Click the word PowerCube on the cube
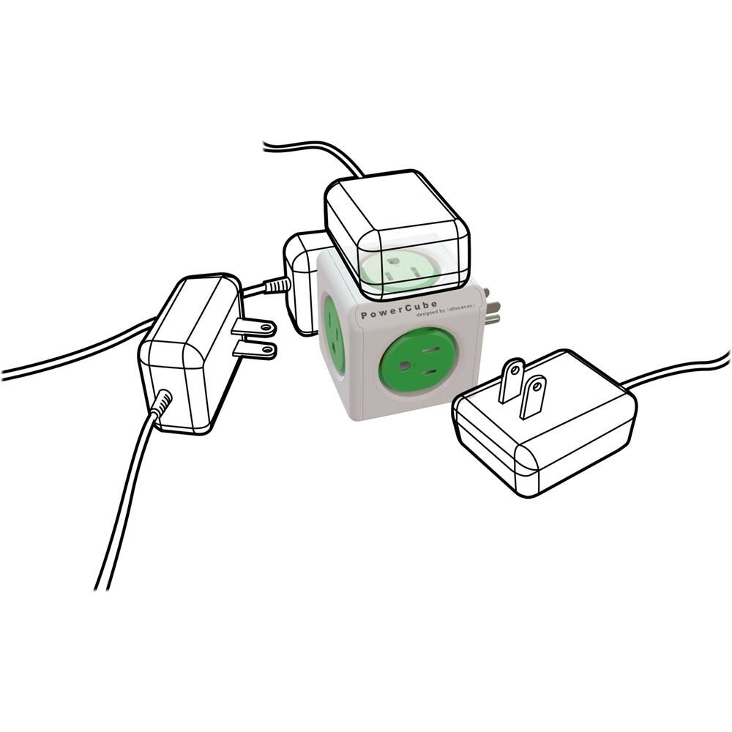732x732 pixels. coord(399,308)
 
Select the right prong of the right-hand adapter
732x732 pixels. coord(534,396)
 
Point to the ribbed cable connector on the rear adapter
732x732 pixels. coord(277,286)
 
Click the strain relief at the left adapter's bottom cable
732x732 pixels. coord(160,403)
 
